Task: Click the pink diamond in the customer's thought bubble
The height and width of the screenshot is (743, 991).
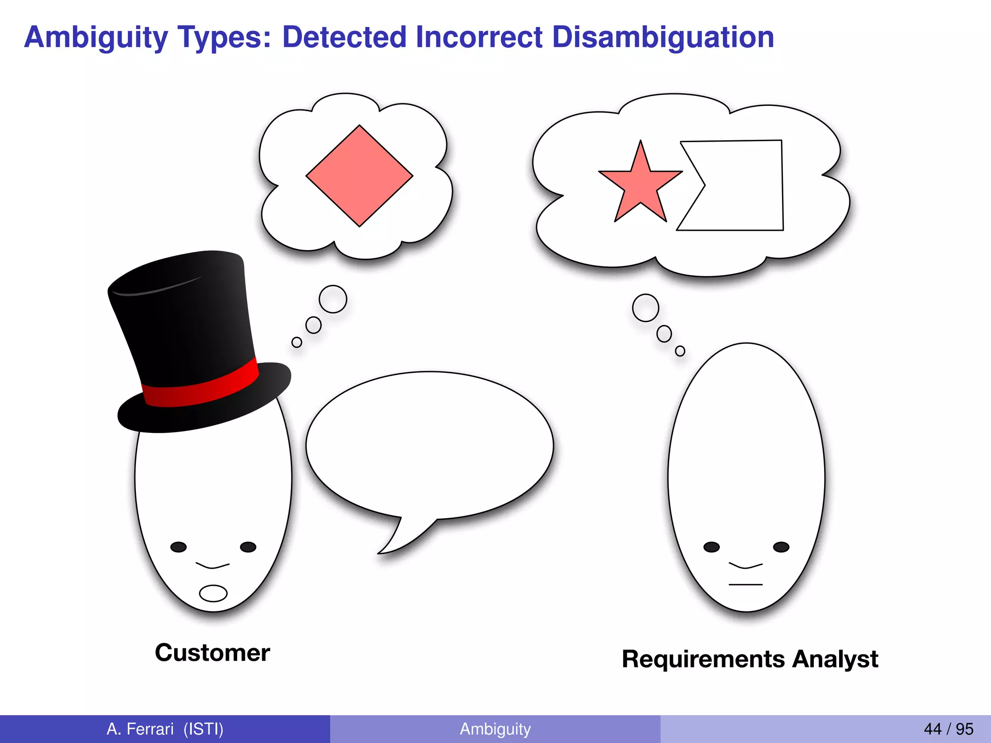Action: pos(360,176)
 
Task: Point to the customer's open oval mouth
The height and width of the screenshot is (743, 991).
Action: pos(213,593)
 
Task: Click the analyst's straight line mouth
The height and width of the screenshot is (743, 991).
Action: pos(746,585)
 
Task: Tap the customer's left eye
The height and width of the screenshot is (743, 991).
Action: pos(179,547)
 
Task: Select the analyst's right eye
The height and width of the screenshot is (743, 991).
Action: pos(781,547)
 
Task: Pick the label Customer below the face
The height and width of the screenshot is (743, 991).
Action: pos(212,653)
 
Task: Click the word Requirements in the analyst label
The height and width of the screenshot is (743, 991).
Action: pos(704,659)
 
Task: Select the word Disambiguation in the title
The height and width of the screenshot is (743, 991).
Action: pos(663,37)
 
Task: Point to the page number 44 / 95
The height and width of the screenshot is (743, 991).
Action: pos(948,729)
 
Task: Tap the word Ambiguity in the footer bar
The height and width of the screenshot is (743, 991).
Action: pos(495,729)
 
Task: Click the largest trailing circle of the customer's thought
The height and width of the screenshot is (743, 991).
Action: pos(333,299)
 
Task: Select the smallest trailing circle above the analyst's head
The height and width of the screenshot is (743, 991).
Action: pos(680,351)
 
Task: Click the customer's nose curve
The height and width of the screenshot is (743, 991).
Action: pos(212,565)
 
